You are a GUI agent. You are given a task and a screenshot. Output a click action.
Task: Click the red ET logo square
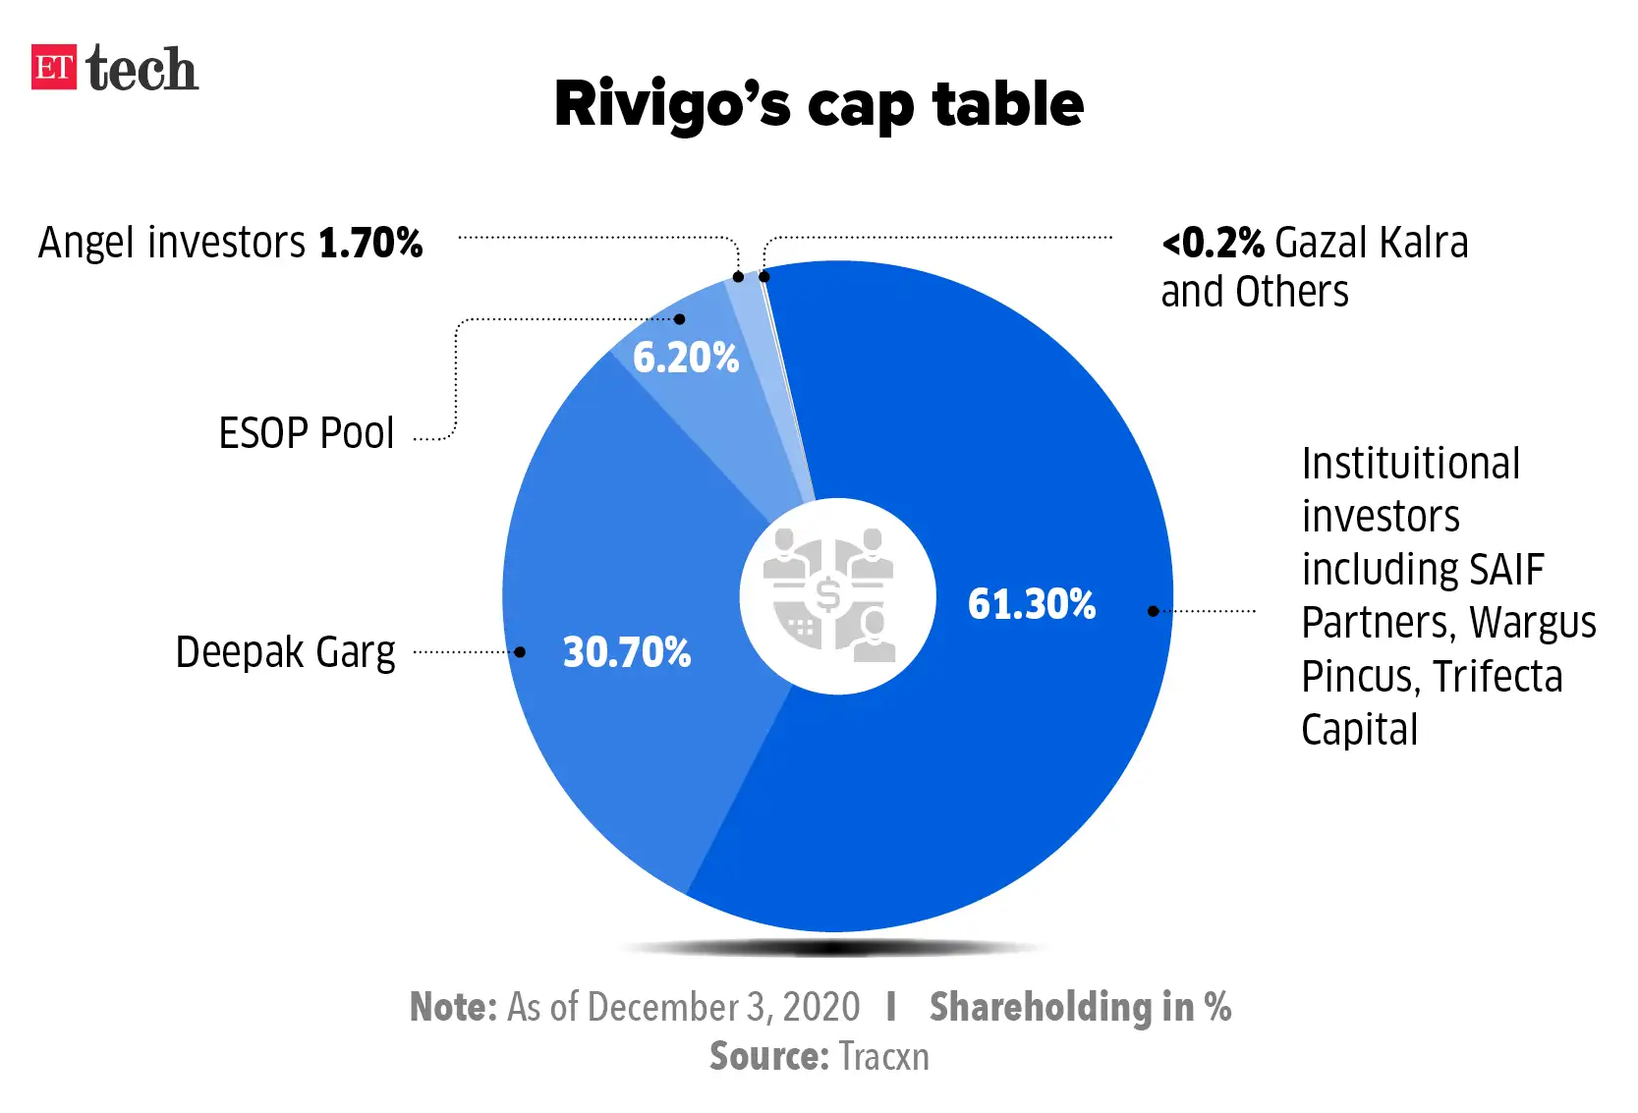[53, 68]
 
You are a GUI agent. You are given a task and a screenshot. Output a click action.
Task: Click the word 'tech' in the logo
[141, 70]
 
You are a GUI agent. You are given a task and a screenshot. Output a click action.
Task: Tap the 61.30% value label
[1031, 604]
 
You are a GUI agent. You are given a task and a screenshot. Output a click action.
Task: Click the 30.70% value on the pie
[626, 652]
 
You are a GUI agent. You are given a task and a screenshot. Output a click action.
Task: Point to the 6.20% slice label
[685, 358]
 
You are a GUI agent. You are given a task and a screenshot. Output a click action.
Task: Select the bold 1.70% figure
[370, 243]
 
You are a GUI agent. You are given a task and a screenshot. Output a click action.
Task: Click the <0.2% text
[1213, 243]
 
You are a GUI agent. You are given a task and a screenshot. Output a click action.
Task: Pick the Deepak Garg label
[285, 652]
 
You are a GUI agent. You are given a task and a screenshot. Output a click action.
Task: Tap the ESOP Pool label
[306, 433]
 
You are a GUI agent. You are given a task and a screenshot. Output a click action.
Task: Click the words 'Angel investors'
[172, 243]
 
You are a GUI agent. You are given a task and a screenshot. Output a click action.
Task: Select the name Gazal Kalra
[1371, 243]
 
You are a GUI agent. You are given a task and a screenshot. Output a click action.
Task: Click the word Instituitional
[1410, 464]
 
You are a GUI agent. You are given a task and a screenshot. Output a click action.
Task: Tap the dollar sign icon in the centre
[828, 595]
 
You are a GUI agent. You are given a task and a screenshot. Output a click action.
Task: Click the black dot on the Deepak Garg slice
[520, 652]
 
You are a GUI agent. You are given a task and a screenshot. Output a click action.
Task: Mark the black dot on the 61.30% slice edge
[1154, 611]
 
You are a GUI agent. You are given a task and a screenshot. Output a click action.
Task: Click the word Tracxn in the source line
[883, 1057]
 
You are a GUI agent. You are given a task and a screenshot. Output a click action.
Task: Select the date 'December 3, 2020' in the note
[723, 1008]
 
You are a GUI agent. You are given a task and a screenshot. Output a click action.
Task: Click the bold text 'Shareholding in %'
[1080, 1008]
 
